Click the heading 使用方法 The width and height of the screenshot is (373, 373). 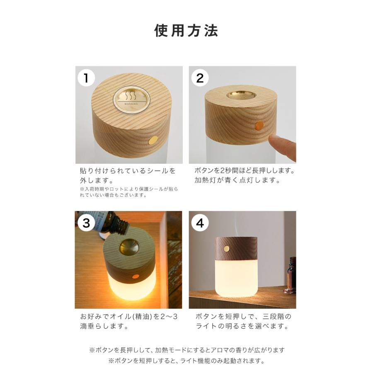click(x=186, y=31)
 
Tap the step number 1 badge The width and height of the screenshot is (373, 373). click(x=86, y=78)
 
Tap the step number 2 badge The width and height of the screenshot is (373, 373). click(x=200, y=78)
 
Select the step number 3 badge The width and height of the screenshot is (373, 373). click(x=86, y=223)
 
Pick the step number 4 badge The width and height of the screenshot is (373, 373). click(x=200, y=223)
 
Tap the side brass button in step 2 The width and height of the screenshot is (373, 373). click(x=260, y=125)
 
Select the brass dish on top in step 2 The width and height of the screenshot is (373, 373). click(x=241, y=94)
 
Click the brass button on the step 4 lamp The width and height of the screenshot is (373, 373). click(x=226, y=249)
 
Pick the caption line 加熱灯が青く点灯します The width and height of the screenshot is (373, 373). click(x=237, y=180)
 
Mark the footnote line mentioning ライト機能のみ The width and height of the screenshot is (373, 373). click(x=186, y=361)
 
